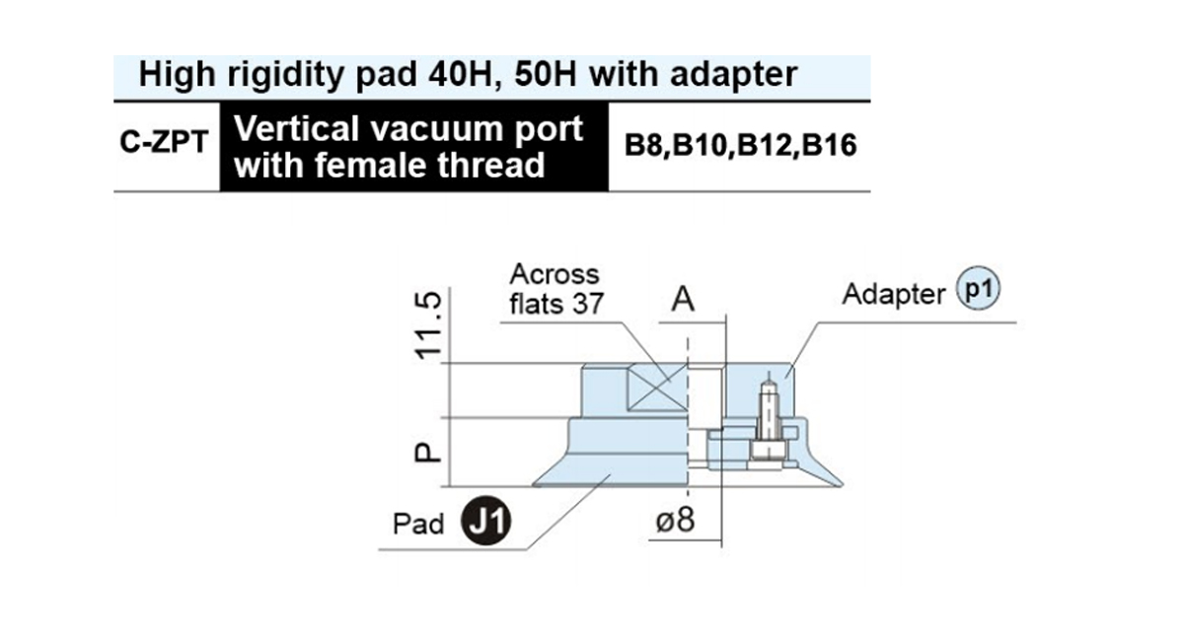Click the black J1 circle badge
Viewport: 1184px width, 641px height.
pos(486,521)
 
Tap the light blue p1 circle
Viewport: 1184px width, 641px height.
pos(978,288)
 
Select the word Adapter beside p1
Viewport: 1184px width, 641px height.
pos(893,294)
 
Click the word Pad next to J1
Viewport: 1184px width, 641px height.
pos(418,525)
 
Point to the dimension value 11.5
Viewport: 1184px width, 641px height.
pos(428,325)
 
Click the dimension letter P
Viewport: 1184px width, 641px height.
pos(427,453)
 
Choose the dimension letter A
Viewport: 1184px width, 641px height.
pos(683,300)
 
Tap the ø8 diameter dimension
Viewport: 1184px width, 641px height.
pos(675,520)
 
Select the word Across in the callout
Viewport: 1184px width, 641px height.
pos(555,274)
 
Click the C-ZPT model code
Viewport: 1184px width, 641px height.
pos(164,142)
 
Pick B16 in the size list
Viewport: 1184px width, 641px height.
pos(829,145)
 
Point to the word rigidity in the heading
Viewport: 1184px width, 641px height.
pos(285,75)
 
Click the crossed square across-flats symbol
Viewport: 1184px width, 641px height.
pos(657,388)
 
